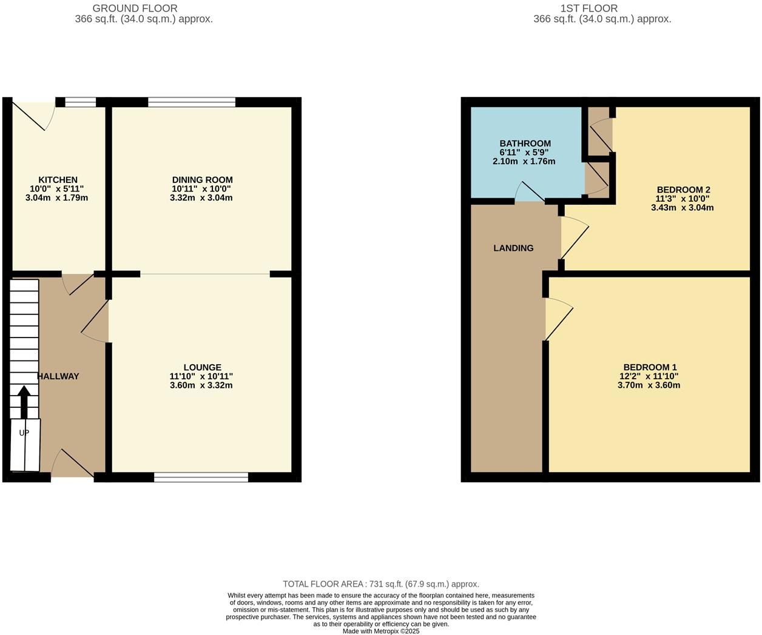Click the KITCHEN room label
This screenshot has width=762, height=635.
(58, 180)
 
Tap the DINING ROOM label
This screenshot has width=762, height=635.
(202, 180)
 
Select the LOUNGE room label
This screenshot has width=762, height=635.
(202, 367)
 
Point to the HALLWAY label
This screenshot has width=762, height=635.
(59, 376)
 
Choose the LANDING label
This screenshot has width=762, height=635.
(513, 248)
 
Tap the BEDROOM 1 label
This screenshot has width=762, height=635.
(650, 367)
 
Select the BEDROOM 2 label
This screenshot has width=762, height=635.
(683, 190)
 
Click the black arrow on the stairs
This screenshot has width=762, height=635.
(24, 401)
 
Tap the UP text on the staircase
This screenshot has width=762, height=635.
(24, 433)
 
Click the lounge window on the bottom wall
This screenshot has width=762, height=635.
(201, 477)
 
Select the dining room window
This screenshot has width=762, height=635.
(192, 102)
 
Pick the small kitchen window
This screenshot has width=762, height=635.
(81, 102)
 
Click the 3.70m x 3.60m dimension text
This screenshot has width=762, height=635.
(649, 385)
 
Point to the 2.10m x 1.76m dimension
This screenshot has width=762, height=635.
(524, 161)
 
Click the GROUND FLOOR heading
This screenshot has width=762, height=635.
(135, 8)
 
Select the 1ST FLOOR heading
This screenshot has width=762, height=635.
(589, 8)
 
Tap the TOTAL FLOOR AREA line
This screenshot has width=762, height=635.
(381, 584)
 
